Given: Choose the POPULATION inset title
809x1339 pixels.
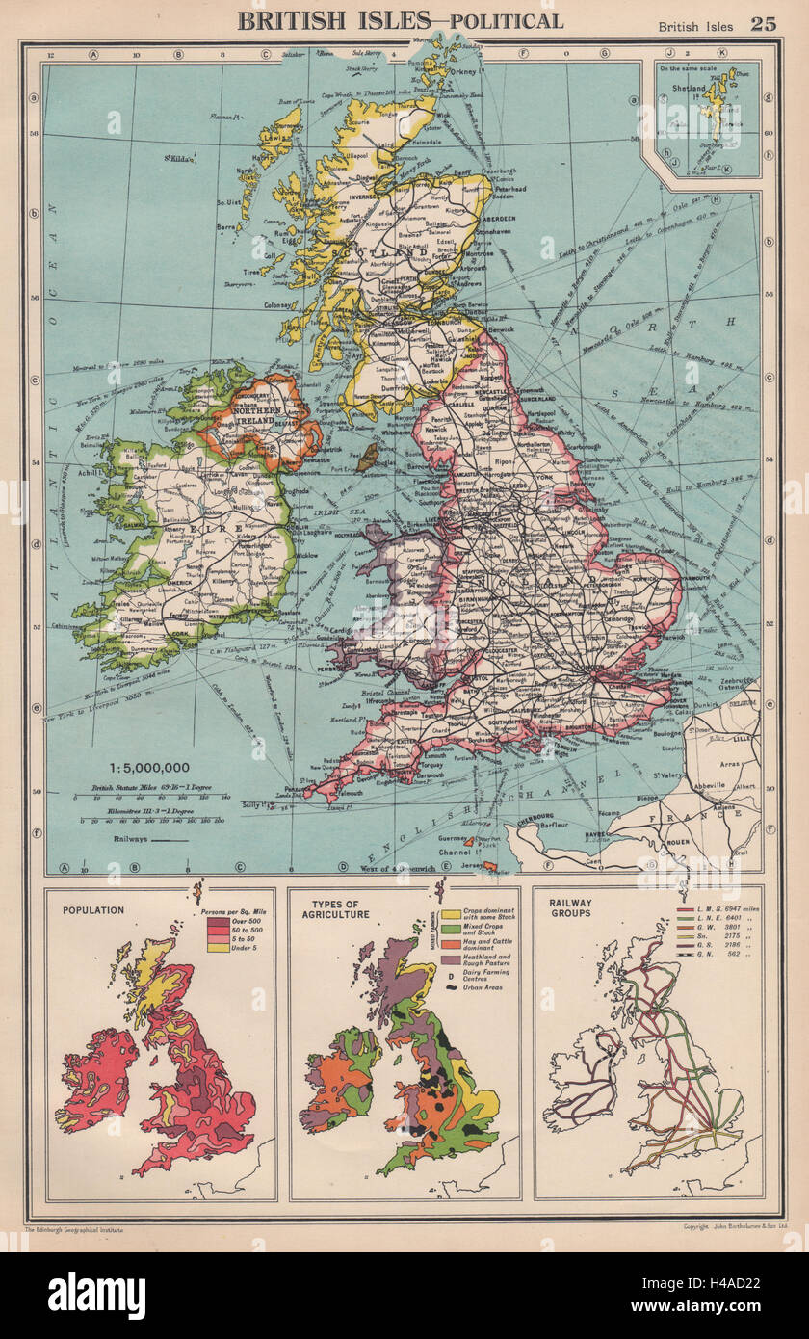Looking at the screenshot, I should [92, 910].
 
